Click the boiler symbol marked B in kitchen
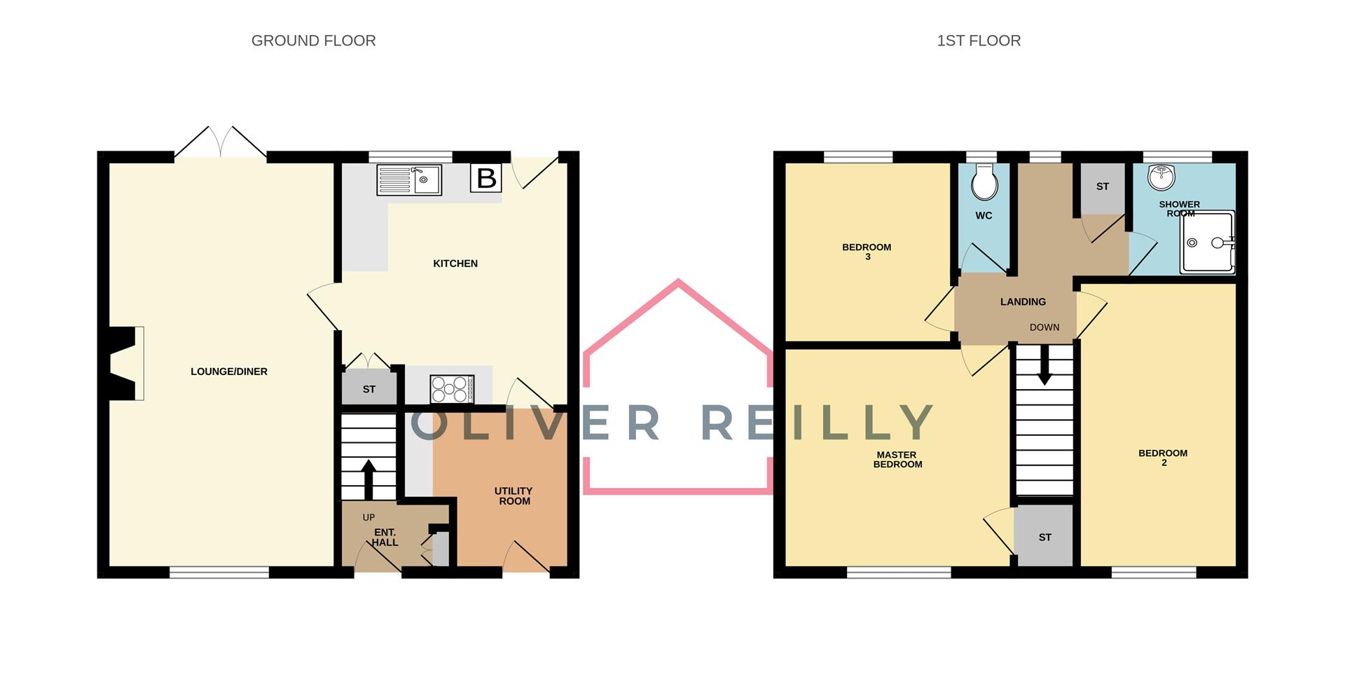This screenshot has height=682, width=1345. click(485, 178)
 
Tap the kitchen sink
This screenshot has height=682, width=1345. click(409, 179)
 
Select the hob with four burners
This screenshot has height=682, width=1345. click(452, 389)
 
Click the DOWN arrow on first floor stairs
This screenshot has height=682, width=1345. click(1044, 366)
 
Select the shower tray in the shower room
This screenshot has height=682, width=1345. click(1207, 243)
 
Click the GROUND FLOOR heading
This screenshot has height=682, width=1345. click(313, 41)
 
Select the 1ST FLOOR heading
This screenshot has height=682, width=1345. click(978, 41)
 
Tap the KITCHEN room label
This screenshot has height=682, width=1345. click(455, 264)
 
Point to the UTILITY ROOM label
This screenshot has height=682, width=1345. click(513, 496)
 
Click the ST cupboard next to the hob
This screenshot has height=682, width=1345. click(369, 389)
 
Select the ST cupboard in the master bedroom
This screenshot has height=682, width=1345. click(1044, 537)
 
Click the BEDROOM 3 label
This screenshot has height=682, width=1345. click(867, 252)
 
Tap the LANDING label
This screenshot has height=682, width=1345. click(1023, 301)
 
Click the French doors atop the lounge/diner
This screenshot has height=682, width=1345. click(221, 144)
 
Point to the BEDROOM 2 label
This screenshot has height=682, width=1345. click(1163, 458)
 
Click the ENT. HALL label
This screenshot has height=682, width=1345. click(385, 537)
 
